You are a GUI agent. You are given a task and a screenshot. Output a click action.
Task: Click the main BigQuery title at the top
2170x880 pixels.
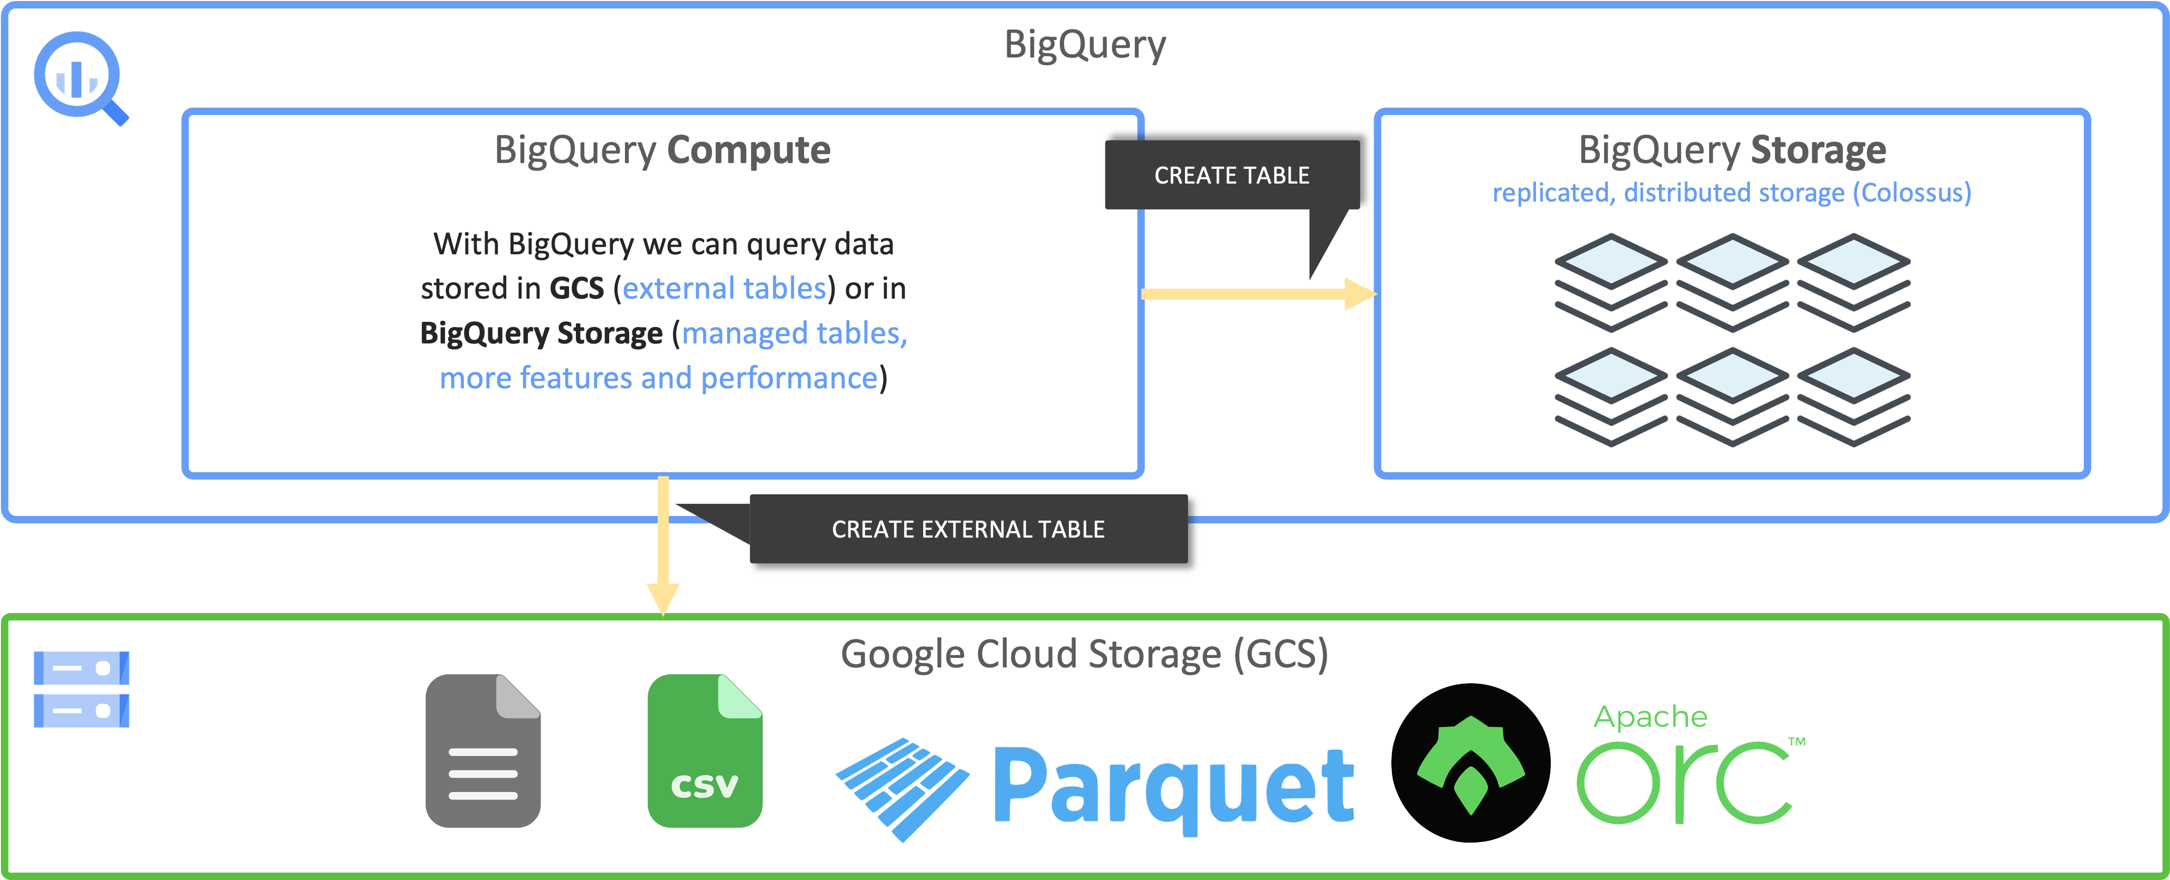point(1084,45)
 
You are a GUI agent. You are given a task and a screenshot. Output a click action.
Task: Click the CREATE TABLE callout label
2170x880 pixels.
point(1231,175)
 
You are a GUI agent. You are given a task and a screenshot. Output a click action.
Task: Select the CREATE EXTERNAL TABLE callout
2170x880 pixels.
point(968,529)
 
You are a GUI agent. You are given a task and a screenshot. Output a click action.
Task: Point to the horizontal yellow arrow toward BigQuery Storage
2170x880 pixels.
point(1255,294)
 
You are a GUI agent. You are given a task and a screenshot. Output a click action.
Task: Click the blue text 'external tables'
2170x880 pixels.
point(724,289)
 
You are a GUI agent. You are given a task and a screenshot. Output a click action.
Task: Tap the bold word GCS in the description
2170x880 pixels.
point(576,289)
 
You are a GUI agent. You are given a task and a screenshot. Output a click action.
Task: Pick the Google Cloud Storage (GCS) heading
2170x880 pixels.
point(1084,654)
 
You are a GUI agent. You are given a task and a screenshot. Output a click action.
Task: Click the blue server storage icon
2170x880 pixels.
point(82,689)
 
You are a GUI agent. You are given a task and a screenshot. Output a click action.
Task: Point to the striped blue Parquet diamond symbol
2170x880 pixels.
point(902,787)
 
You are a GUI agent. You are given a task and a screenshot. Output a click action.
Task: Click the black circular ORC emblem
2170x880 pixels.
point(1470,763)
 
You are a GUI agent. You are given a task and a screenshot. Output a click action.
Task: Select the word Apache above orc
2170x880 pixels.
point(1650,716)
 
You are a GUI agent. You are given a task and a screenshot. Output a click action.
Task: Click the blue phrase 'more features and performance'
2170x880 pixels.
point(659,378)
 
